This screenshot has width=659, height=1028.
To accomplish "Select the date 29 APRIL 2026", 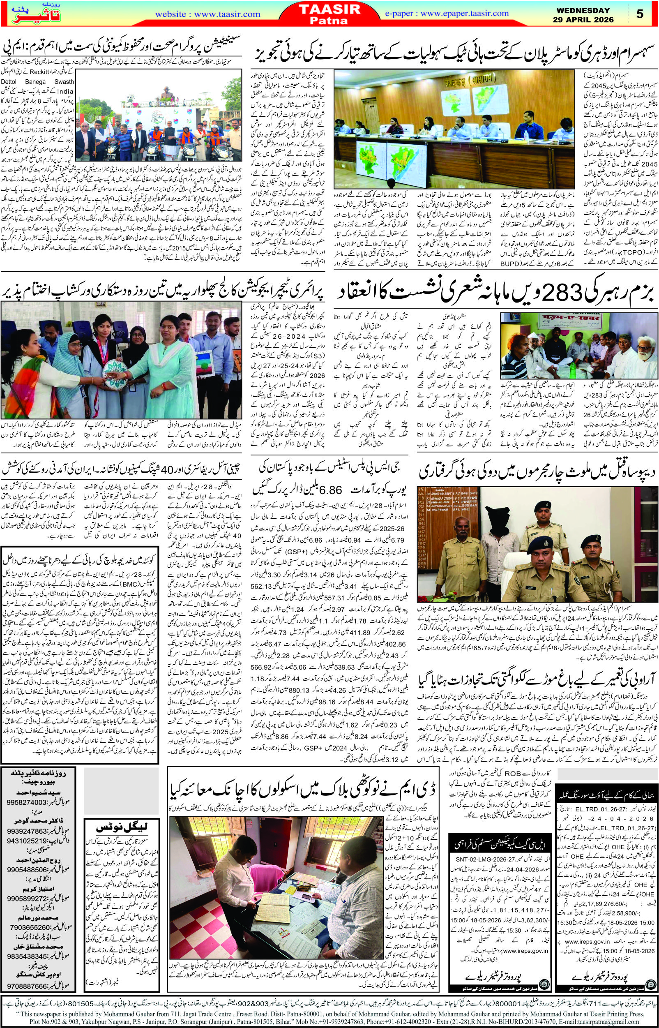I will [x=588, y=20].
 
